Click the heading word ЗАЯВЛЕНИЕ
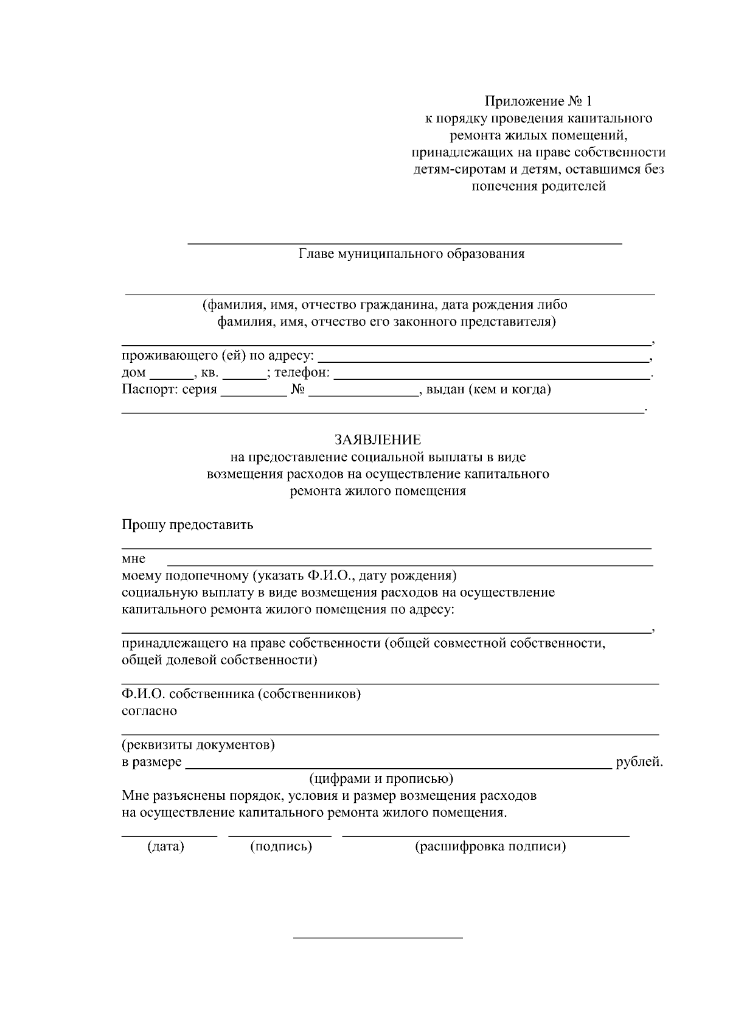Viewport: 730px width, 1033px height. [377, 439]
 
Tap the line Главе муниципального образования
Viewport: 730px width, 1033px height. [411, 254]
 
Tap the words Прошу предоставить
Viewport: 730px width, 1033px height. [187, 525]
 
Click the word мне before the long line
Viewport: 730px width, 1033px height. [133, 559]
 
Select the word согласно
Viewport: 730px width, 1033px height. [149, 711]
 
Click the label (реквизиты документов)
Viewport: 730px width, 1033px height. [198, 744]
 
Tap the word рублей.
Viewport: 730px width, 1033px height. [639, 762]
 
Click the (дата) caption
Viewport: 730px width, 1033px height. [165, 846]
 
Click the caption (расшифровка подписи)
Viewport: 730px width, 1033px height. [490, 846]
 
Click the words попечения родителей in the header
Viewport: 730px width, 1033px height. [539, 186]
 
